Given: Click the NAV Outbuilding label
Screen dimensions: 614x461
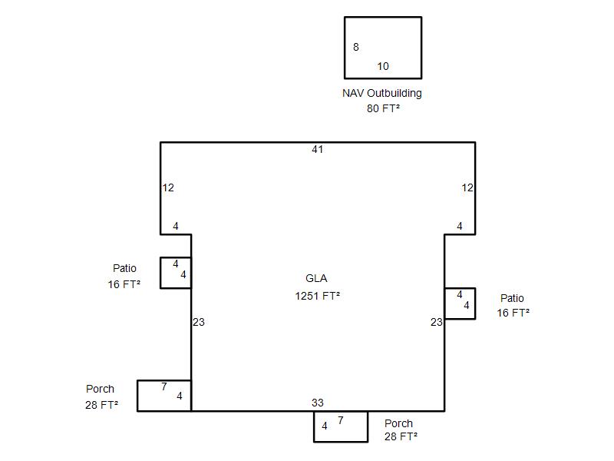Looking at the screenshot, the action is point(382,93).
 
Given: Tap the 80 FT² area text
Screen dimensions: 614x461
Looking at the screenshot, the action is point(383,108).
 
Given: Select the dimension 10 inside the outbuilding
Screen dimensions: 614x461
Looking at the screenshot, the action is point(383,66).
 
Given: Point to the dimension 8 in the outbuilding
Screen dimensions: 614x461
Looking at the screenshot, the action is point(356,47).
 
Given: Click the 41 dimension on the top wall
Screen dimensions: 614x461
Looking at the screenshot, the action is point(318,149).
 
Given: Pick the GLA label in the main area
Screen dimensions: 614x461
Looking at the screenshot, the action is point(316,278).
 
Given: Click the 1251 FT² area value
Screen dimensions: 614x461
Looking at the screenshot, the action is point(317,296).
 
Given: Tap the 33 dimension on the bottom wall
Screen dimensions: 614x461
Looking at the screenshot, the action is point(318,403).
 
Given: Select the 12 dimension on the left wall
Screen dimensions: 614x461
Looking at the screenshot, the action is point(168,187).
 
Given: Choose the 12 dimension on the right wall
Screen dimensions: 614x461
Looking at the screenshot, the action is point(467,187).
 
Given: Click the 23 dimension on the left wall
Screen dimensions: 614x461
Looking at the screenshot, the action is point(199,322).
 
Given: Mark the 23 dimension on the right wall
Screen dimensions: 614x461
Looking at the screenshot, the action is point(437,322).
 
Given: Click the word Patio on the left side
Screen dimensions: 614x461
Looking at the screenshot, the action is point(124,268).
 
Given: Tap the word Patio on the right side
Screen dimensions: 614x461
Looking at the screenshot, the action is point(512,298).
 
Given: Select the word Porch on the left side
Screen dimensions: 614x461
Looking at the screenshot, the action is point(101,389).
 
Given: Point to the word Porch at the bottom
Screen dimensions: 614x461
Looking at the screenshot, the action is point(398,423).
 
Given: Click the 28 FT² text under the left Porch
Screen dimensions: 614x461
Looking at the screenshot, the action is point(102,405).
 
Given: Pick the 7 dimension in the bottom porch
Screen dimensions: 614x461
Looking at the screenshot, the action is point(341,420).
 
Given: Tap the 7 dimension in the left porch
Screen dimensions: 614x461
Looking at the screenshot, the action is point(164,387).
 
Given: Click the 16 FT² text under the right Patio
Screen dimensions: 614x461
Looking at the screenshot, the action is point(513,313).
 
